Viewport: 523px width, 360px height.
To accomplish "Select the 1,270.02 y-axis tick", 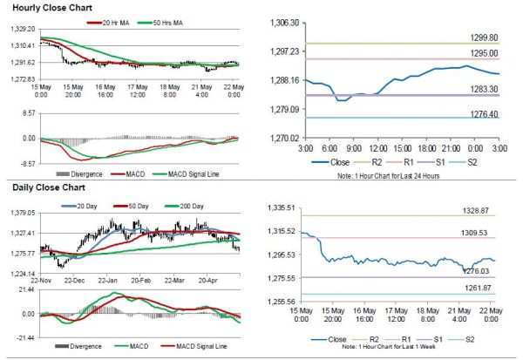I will coord(284,138).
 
